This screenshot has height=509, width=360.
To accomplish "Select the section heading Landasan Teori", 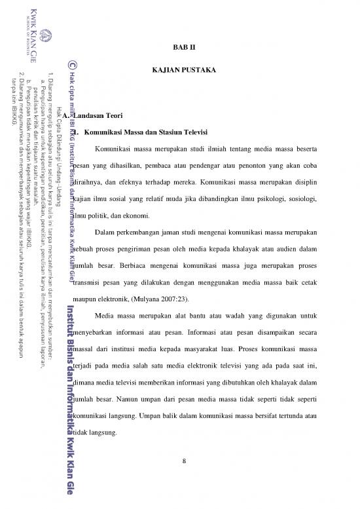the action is point(96,115).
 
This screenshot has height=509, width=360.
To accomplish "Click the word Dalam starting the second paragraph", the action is point(105,214).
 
